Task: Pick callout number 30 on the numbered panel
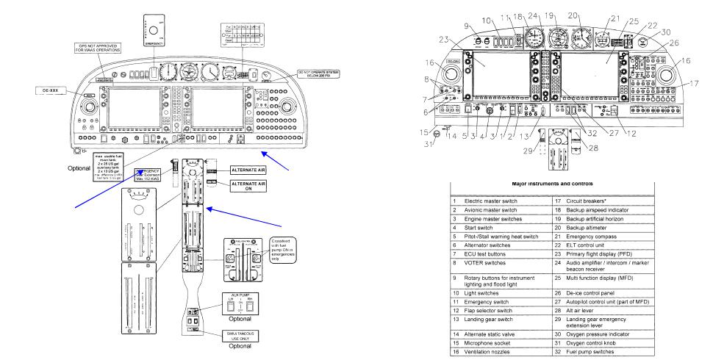666,32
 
